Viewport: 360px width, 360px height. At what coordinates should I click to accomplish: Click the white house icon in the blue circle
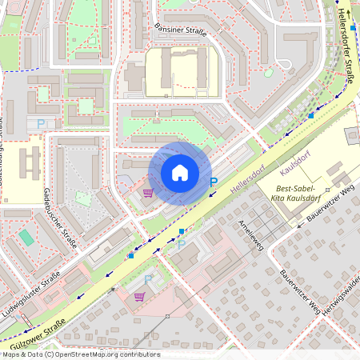tap(180, 173)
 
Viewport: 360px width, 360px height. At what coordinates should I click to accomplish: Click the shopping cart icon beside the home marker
tap(147, 192)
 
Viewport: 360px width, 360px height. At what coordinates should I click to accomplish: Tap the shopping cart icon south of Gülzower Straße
tap(139, 296)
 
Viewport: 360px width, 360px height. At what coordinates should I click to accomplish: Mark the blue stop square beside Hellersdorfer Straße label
tap(353, 28)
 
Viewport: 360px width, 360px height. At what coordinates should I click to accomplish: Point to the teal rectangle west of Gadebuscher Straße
tap(27, 238)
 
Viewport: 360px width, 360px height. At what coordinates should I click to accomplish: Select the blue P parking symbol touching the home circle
tap(213, 182)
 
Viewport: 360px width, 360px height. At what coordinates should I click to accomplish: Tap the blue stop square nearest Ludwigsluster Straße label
tap(130, 256)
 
